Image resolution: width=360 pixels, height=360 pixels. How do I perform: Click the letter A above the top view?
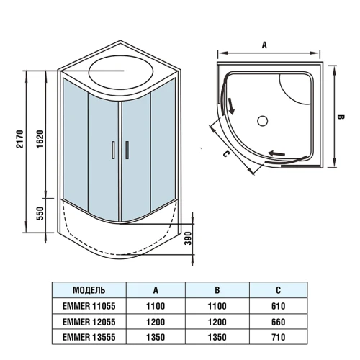click(264, 45)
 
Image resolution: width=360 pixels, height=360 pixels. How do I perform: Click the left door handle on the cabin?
click(113, 150)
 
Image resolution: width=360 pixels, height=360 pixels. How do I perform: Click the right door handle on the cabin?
click(126, 150)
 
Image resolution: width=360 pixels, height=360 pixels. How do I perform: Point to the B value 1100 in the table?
click(217, 306)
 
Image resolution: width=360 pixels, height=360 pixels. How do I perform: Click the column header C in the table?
click(277, 290)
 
